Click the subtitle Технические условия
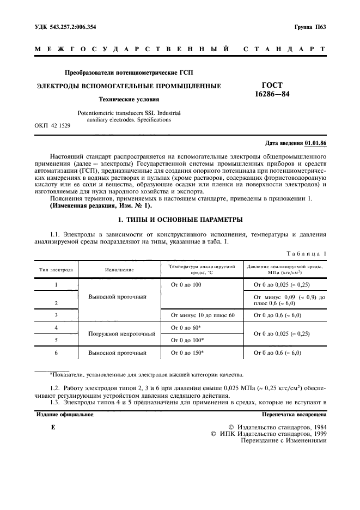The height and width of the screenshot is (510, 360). click(129, 100)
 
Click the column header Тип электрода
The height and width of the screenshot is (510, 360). click(57, 269)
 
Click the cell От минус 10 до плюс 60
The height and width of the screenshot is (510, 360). click(203, 315)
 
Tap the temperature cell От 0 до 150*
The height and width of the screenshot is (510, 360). click(187, 353)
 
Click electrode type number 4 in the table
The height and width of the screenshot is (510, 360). click(57, 327)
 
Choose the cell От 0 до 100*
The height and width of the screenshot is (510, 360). click(187, 340)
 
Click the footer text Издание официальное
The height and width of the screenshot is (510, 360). click(64, 415)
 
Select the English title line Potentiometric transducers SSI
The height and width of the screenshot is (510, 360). click(129, 113)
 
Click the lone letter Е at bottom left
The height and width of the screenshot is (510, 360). click(53, 428)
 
